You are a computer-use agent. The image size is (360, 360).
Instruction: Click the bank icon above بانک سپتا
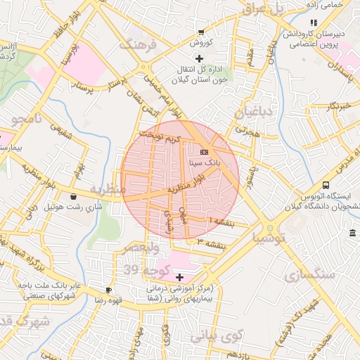coord(204,151)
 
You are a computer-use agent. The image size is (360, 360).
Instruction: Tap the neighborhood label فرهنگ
coord(136,46)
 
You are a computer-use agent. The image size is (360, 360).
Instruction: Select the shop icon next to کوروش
coord(202,32)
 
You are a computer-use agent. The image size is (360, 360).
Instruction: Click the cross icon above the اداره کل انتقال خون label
coord(199,58)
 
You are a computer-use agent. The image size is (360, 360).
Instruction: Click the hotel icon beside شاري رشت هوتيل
coord(74,196)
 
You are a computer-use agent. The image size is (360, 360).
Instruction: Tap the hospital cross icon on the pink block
coord(179,277)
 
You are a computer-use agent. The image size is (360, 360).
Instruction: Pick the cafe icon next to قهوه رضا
coord(108,290)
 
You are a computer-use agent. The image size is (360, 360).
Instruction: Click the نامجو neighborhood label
coord(26,120)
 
